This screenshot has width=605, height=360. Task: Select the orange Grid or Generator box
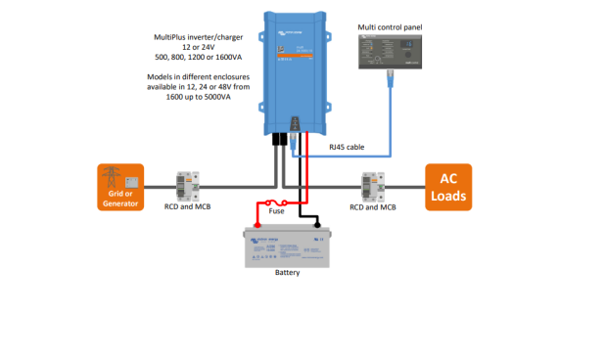point(120,186)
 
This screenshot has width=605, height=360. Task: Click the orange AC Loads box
point(447,186)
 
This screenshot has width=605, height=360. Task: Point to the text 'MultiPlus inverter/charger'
point(202,36)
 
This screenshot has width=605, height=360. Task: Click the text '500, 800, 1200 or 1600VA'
point(202,58)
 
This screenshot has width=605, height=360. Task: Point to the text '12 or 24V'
point(202,47)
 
